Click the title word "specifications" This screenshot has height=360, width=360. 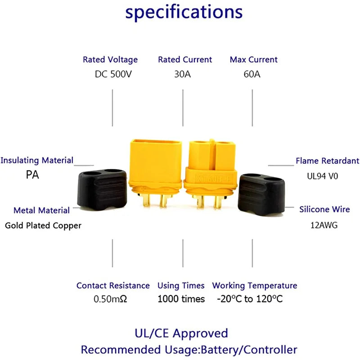pos(184,13)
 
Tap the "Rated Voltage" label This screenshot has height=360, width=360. pos(110,59)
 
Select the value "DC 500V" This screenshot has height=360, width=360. pos(113,74)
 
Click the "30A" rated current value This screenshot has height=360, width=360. pos(182,74)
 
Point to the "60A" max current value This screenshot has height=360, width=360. pos(252,74)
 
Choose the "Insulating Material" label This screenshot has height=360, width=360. pos(37,160)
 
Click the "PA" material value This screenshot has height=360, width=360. pos(32,175)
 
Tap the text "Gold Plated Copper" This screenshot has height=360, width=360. pos(43,225)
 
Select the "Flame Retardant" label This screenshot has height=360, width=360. pos(327,161)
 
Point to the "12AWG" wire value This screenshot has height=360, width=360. pos(324,225)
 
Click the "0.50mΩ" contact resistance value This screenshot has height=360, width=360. pos(110,299)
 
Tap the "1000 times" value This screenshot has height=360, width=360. pos(181,299)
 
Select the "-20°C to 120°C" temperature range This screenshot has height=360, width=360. pos(250,299)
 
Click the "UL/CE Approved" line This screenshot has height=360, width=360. pos(181,333)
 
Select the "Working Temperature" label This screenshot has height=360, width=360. pos(255,285)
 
